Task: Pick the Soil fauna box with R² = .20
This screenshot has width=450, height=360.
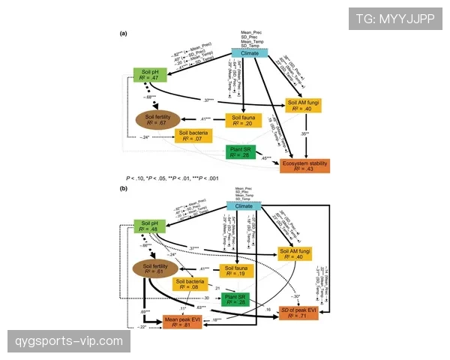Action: tap(243, 121)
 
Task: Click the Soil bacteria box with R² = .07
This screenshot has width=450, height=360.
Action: tap(193, 135)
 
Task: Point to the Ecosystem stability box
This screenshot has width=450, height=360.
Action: tap(304, 166)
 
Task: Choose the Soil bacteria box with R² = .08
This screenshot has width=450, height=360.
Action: tap(190, 284)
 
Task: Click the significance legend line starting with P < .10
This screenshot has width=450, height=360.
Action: tap(173, 178)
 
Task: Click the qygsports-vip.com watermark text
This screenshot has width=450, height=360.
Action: tap(68, 342)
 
